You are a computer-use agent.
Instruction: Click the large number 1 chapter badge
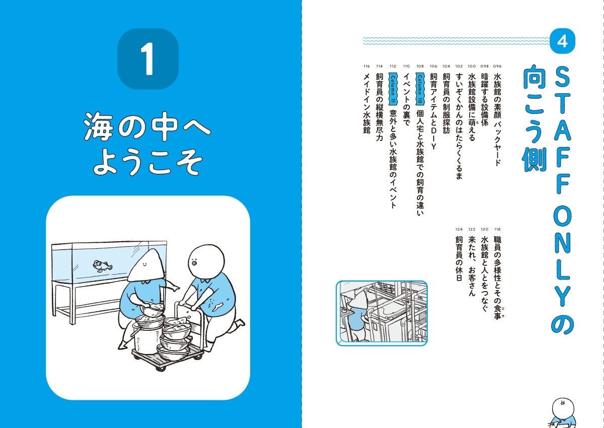[147, 59]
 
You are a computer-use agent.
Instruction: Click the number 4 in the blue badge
[562, 42]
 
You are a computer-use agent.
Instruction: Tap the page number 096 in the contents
[497, 66]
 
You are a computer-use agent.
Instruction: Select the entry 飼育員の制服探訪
[446, 106]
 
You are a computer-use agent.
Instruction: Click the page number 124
[459, 229]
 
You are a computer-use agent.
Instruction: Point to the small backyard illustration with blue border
[381, 313]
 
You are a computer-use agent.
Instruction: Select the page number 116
[366, 66]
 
